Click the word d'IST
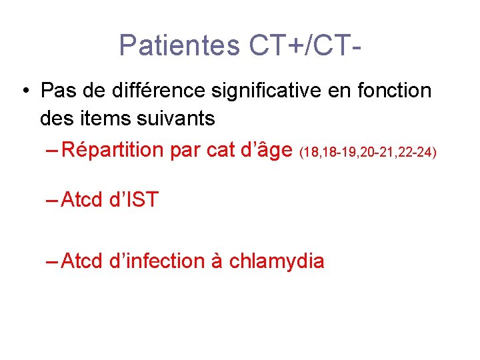pyautogui.click(x=133, y=199)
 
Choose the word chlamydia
pyautogui.click(x=276, y=261)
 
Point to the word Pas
pyautogui.click(x=57, y=89)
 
